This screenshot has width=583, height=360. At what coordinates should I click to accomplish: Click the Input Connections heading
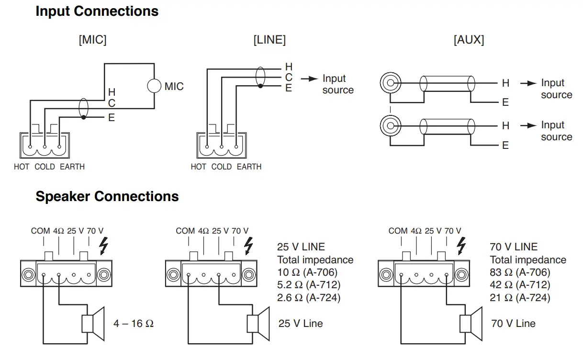click(97, 11)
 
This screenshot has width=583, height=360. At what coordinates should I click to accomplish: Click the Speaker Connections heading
click(107, 196)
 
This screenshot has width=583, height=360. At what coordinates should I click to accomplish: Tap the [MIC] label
click(92, 40)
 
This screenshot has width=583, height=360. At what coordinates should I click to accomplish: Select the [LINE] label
click(269, 40)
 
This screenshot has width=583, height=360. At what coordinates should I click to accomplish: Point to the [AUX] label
click(469, 40)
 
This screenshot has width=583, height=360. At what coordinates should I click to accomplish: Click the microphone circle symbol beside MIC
click(154, 86)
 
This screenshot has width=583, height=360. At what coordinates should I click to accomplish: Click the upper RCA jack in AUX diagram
click(390, 83)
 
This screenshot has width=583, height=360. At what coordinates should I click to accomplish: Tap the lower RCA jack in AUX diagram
click(390, 125)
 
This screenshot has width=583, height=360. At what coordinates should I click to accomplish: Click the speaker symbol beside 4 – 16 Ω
click(93, 323)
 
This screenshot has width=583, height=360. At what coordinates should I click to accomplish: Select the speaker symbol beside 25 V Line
click(258, 323)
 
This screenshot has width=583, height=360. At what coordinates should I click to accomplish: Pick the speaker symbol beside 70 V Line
click(471, 323)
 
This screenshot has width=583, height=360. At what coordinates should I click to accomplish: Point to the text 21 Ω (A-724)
click(520, 298)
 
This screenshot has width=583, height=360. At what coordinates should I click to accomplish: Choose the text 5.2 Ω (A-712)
click(308, 285)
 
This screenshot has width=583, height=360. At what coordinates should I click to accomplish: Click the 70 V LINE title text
click(514, 247)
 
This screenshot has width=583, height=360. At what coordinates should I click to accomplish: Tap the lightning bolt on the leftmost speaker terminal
click(103, 246)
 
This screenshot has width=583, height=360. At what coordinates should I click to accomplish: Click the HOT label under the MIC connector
click(22, 167)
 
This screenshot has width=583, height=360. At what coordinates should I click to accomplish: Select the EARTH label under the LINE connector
click(249, 167)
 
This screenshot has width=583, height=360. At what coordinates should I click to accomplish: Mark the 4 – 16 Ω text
click(134, 324)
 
